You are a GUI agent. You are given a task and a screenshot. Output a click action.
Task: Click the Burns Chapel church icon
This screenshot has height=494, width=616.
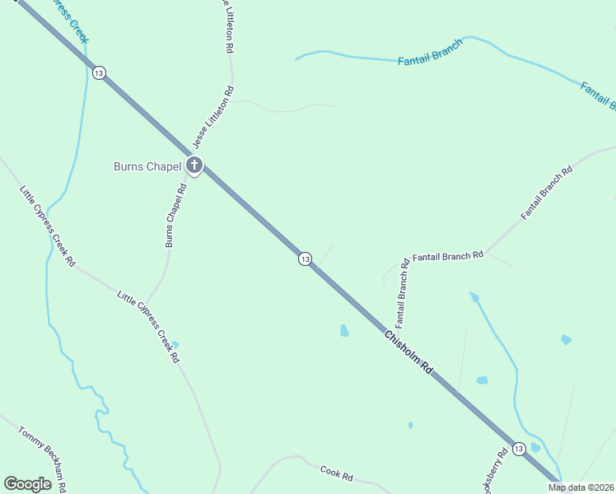coord(194,166)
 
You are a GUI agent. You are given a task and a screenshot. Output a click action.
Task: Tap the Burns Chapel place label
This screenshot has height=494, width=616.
coord(147,166)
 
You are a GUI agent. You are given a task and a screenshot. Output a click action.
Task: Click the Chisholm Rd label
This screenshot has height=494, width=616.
coord(408,353)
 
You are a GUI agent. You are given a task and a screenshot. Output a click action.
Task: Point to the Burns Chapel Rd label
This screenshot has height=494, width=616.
coord(175,215)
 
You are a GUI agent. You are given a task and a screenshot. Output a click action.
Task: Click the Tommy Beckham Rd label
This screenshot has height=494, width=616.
coord(40,458)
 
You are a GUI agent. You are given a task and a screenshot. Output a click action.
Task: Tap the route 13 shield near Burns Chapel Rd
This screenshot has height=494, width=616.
coord(305,259)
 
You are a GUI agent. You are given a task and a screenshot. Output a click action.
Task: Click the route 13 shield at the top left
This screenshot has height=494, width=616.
coord(99,73)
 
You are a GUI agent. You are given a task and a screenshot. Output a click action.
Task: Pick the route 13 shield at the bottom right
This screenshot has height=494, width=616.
coord(518,449)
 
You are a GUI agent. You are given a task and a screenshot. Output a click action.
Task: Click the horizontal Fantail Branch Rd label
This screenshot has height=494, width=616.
coord(447,256)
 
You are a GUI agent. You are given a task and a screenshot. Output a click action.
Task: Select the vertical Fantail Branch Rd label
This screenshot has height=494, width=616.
coord(402,291)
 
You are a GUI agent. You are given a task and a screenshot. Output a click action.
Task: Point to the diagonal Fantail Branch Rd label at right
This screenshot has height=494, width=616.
coord(546,193)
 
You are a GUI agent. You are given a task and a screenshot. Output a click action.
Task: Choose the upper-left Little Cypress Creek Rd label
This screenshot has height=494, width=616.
coord(47,226)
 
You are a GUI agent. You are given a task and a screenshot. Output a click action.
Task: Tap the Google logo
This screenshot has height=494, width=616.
coord(28,484)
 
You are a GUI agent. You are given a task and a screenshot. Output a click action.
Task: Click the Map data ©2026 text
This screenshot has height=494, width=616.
coord(581,487)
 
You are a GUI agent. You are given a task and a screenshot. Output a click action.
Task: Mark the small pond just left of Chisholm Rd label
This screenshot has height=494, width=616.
coord(344,331)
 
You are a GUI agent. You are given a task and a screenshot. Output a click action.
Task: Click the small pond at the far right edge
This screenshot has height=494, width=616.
coord(566,339)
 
